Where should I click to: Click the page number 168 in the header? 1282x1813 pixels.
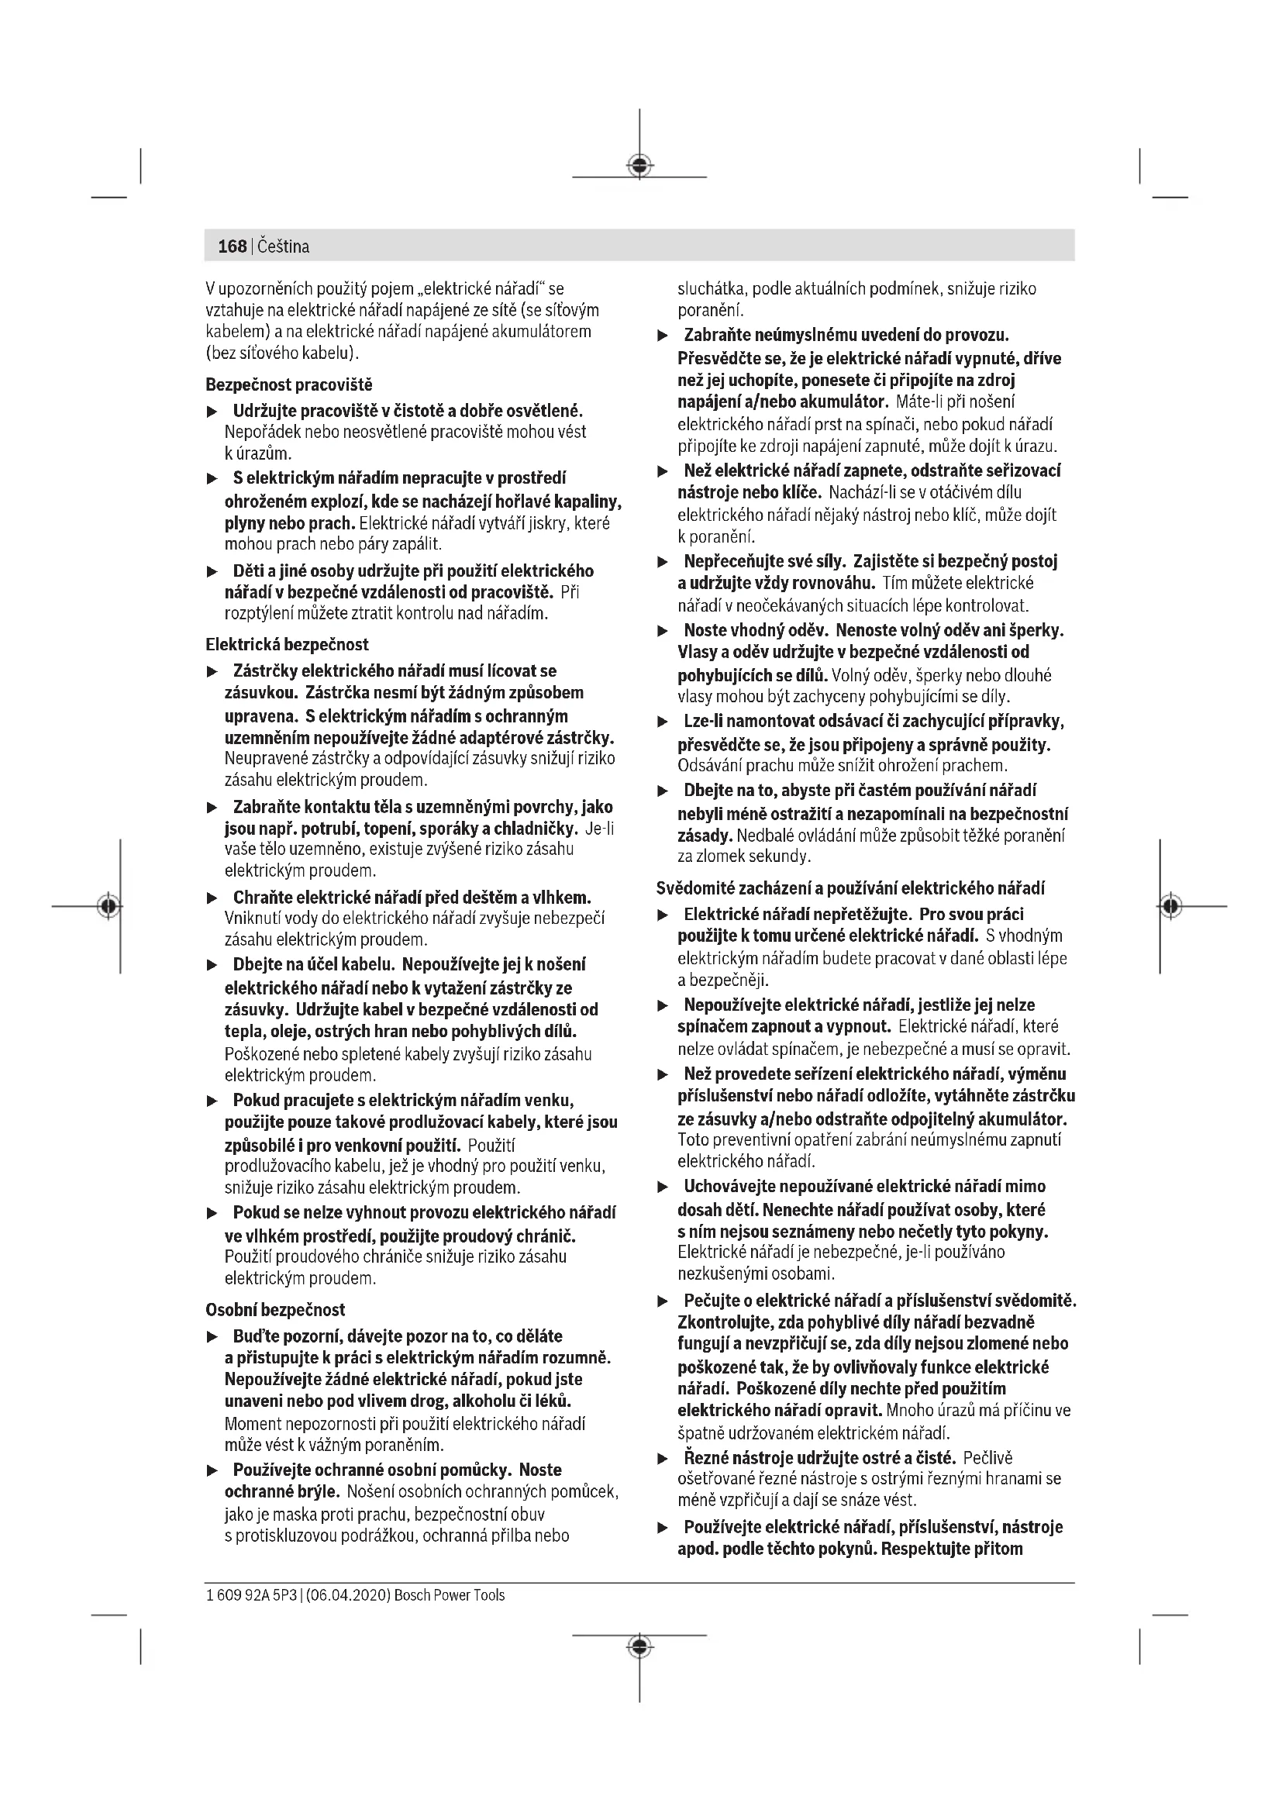[232, 246]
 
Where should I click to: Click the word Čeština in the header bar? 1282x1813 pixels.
[284, 246]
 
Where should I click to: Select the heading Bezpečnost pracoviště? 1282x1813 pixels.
[289, 384]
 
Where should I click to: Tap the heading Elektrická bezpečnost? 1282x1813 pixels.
[288, 644]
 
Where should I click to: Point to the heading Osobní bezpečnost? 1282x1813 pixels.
[275, 1309]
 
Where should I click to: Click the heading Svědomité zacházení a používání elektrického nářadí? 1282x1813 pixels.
[850, 888]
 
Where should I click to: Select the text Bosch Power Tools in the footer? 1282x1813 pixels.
[450, 1595]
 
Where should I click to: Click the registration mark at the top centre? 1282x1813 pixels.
[639, 166]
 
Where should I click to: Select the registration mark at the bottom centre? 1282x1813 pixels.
[639, 1646]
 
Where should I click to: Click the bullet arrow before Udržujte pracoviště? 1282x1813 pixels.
[212, 412]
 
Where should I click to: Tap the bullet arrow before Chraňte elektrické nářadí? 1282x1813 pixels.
[212, 898]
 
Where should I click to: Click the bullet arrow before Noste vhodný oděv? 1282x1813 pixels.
[663, 631]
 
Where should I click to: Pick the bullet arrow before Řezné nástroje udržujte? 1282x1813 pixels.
[663, 1459]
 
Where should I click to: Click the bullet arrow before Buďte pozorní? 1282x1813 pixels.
[212, 1337]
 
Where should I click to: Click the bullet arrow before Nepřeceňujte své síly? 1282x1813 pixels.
[663, 562]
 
